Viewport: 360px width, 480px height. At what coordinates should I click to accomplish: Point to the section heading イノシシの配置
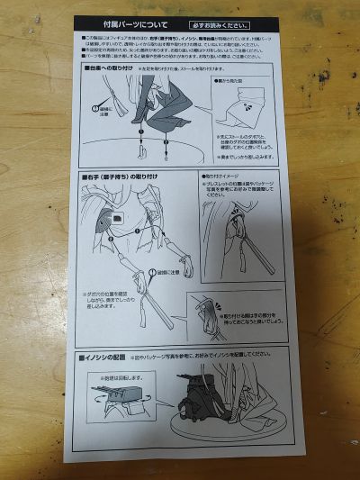pyautogui.click(x=109, y=359)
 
